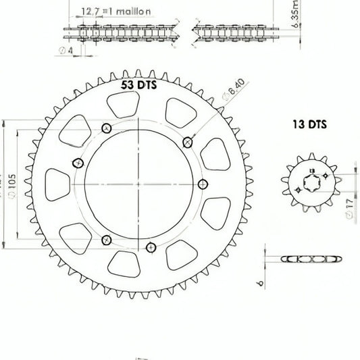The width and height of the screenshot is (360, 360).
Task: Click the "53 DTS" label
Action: [139, 85]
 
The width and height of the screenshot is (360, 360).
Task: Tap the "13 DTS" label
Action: [309, 124]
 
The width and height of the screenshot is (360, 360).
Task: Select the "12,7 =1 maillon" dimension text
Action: [115, 11]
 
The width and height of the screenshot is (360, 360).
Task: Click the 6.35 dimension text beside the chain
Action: [278, 28]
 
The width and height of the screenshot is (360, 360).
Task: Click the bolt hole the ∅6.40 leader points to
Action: [188, 142]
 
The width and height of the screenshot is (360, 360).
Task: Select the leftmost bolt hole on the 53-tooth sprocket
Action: [78, 163]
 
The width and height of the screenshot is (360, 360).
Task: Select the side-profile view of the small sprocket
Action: [310, 259]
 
